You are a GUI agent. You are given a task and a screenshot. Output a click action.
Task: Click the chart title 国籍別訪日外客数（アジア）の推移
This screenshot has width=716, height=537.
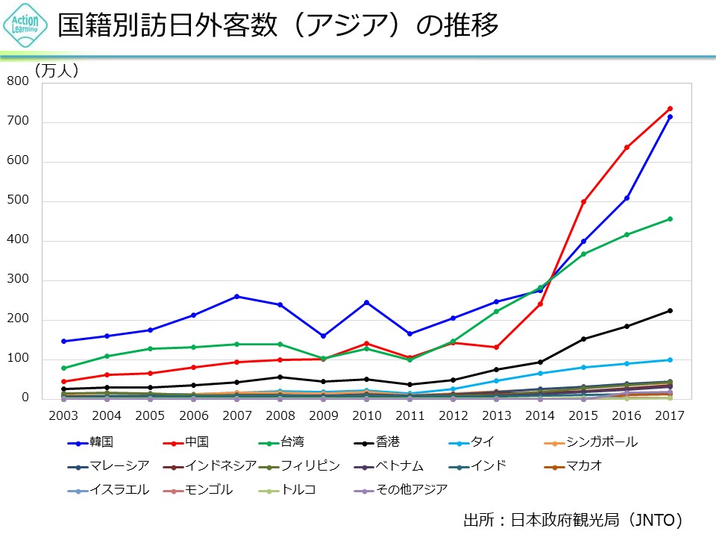pyautogui.click(x=277, y=26)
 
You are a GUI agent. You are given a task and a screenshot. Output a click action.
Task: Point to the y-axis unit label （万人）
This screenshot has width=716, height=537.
pyautogui.click(x=57, y=71)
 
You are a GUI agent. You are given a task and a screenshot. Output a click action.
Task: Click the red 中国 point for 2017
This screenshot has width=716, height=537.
pyautogui.click(x=670, y=108)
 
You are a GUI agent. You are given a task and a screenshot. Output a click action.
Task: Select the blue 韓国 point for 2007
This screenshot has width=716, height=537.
pyautogui.click(x=236, y=296)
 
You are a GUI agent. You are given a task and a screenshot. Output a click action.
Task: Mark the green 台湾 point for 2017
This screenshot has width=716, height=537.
pyautogui.click(x=670, y=219)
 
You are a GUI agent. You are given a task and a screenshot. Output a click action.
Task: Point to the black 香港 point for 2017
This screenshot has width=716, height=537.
pyautogui.click(x=670, y=310)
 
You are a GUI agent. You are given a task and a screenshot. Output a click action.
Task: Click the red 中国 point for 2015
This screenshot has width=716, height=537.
pyautogui.click(x=583, y=201)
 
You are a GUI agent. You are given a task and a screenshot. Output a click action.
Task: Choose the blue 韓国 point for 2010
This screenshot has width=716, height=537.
pyautogui.click(x=366, y=302)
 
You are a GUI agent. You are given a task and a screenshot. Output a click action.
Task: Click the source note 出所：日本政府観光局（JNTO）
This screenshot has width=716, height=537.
pyautogui.click(x=573, y=519)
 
